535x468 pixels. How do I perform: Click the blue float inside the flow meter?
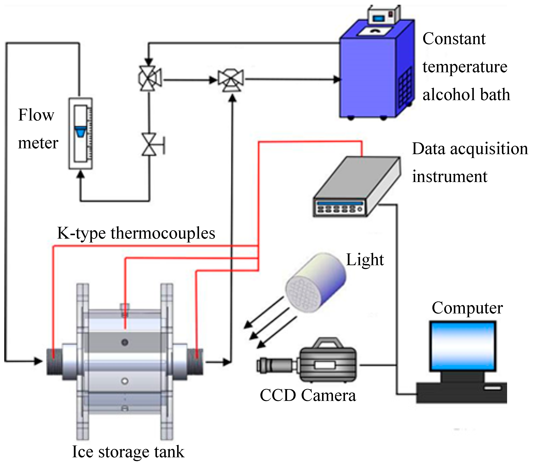81,131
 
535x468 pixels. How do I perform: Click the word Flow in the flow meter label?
36,115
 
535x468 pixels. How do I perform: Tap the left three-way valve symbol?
149,78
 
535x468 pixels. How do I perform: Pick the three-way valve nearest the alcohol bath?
231,80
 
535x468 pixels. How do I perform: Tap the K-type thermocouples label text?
136,233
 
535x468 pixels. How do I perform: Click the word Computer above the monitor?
467,308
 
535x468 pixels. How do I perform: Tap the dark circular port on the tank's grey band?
125,342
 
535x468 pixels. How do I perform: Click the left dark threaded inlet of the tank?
54,362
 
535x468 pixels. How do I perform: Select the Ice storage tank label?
128,452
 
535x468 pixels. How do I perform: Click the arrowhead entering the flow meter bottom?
81,175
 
